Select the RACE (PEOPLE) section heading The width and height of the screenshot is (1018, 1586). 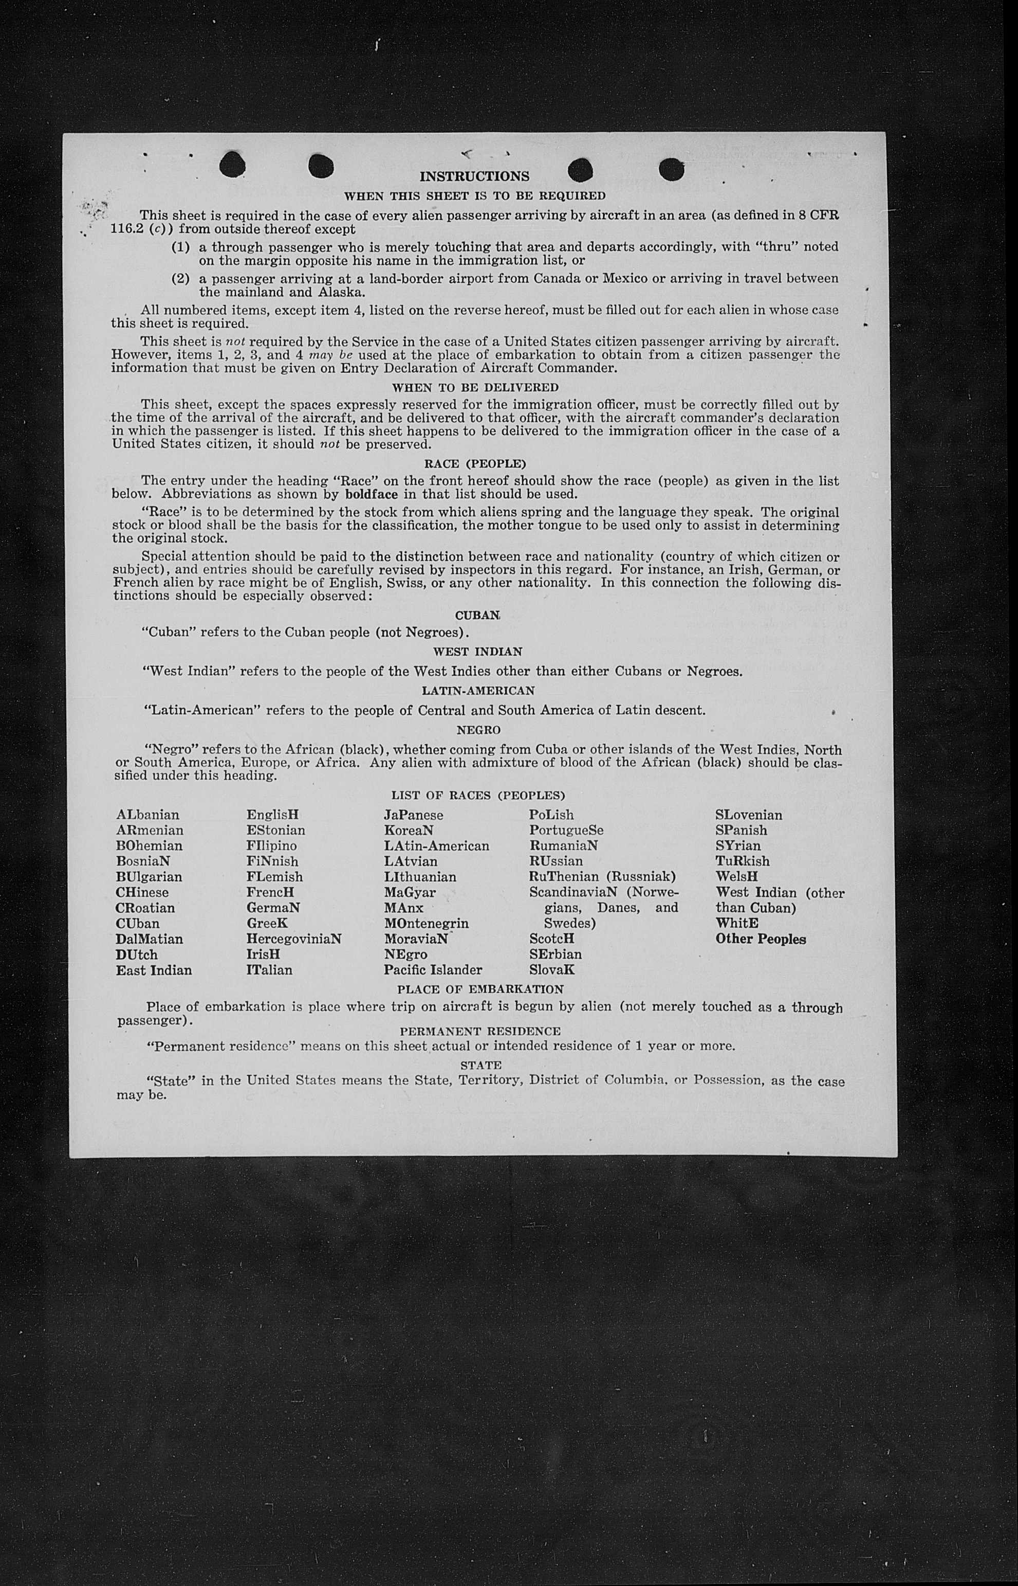[475, 464]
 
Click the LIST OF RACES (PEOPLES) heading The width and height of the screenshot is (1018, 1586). [478, 795]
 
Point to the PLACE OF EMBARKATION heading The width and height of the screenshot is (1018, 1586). [480, 989]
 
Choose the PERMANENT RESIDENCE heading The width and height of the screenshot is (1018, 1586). [480, 1031]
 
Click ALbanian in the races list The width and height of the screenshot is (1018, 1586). [147, 815]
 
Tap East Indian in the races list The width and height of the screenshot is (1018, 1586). [153, 970]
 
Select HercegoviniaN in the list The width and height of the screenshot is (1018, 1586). [293, 939]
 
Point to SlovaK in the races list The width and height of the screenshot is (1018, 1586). [551, 970]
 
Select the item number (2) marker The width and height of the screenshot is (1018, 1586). [180, 278]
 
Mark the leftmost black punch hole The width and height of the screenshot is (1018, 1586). [233, 166]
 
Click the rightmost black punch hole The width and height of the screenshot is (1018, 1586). [672, 169]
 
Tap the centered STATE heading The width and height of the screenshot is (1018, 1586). [480, 1065]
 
